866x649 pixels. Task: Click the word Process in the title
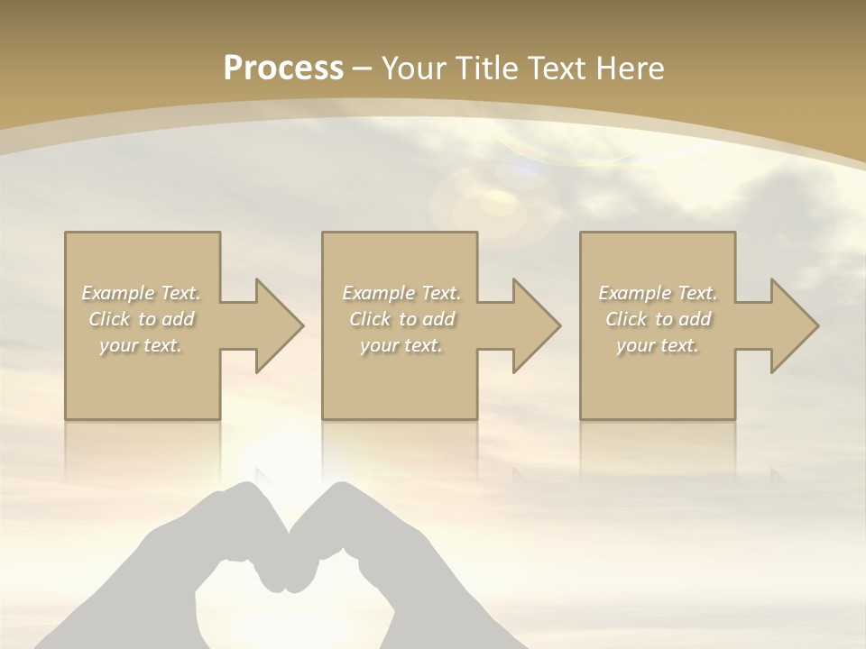283,69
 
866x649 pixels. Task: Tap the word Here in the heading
629,69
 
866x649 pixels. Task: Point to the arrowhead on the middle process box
535,325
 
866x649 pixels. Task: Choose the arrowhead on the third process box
793,325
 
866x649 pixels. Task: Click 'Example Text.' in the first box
142,293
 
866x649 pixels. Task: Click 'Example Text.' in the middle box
401,293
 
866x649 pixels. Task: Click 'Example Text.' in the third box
658,293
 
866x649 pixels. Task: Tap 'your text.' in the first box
142,345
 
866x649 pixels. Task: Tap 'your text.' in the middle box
401,345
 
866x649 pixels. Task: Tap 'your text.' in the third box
658,345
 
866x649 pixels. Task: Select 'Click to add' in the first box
142,319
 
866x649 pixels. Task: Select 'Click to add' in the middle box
401,319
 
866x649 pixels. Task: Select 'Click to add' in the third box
658,319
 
